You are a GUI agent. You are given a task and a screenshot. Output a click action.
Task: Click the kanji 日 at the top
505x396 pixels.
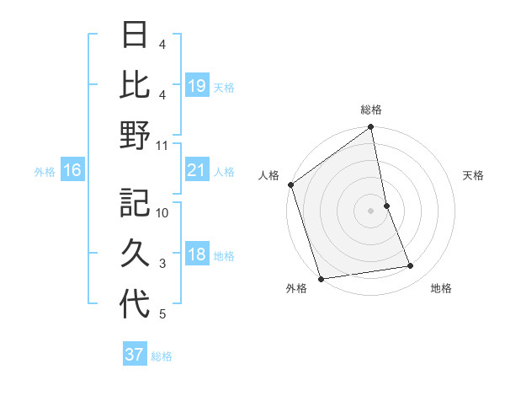point(135,36)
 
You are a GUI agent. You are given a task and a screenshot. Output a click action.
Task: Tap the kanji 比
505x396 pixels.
point(135,85)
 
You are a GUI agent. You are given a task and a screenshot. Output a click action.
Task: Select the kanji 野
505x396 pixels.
point(135,136)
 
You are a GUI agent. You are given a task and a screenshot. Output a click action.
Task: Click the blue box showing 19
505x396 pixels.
point(197,86)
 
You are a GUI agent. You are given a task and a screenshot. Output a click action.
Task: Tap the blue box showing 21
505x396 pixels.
point(197,171)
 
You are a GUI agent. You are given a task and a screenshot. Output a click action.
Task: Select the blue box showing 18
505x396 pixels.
point(197,255)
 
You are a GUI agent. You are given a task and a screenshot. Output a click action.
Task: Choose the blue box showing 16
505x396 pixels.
point(72,171)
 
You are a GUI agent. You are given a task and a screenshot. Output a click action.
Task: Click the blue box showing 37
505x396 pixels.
point(135,355)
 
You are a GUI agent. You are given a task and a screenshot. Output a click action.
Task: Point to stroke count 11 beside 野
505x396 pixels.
point(163,146)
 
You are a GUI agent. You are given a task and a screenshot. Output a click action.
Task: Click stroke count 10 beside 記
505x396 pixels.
point(163,213)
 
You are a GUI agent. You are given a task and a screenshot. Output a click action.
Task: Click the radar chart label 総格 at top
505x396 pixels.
point(371,110)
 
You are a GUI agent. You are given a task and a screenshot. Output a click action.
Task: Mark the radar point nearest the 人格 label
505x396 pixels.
point(290,185)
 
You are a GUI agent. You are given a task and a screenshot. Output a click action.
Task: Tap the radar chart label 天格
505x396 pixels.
point(473,175)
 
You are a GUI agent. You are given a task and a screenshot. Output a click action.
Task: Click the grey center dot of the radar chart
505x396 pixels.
point(371,210)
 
